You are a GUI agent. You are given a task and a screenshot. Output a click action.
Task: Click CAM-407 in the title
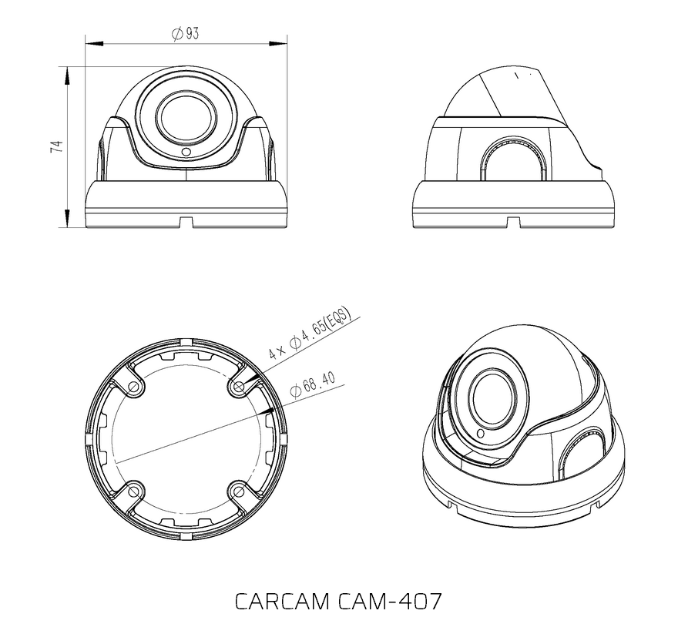coord(389,600)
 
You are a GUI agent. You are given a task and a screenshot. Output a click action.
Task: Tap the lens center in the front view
coord(186,118)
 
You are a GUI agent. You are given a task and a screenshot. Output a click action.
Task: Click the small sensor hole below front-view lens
coord(186,153)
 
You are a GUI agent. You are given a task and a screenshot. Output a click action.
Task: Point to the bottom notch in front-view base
coord(185,222)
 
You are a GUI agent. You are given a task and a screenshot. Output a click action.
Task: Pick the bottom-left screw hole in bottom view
coord(135,490)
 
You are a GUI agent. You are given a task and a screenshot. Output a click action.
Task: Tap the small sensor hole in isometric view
coord(482,434)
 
